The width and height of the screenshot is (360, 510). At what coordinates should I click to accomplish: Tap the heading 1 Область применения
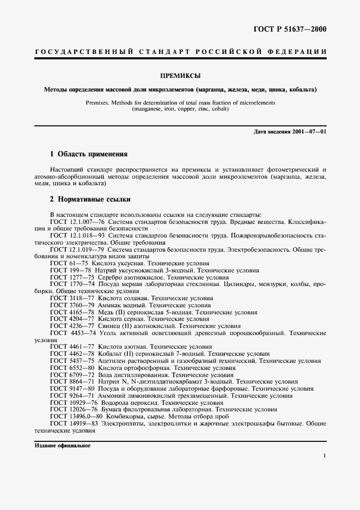(88, 154)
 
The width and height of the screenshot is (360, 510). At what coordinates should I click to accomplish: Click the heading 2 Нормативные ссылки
(90, 199)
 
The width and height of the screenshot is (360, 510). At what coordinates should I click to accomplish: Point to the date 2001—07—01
(310, 132)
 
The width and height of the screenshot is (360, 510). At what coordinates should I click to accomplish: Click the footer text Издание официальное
(62, 445)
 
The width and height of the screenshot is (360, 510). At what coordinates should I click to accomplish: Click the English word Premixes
(109, 102)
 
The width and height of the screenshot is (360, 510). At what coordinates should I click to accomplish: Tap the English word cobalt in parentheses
(217, 109)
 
